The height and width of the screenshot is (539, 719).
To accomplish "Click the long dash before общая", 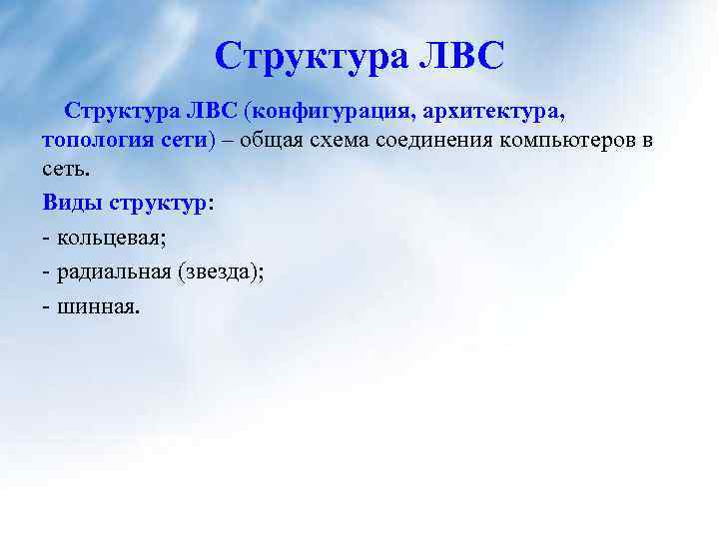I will [x=232, y=140].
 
